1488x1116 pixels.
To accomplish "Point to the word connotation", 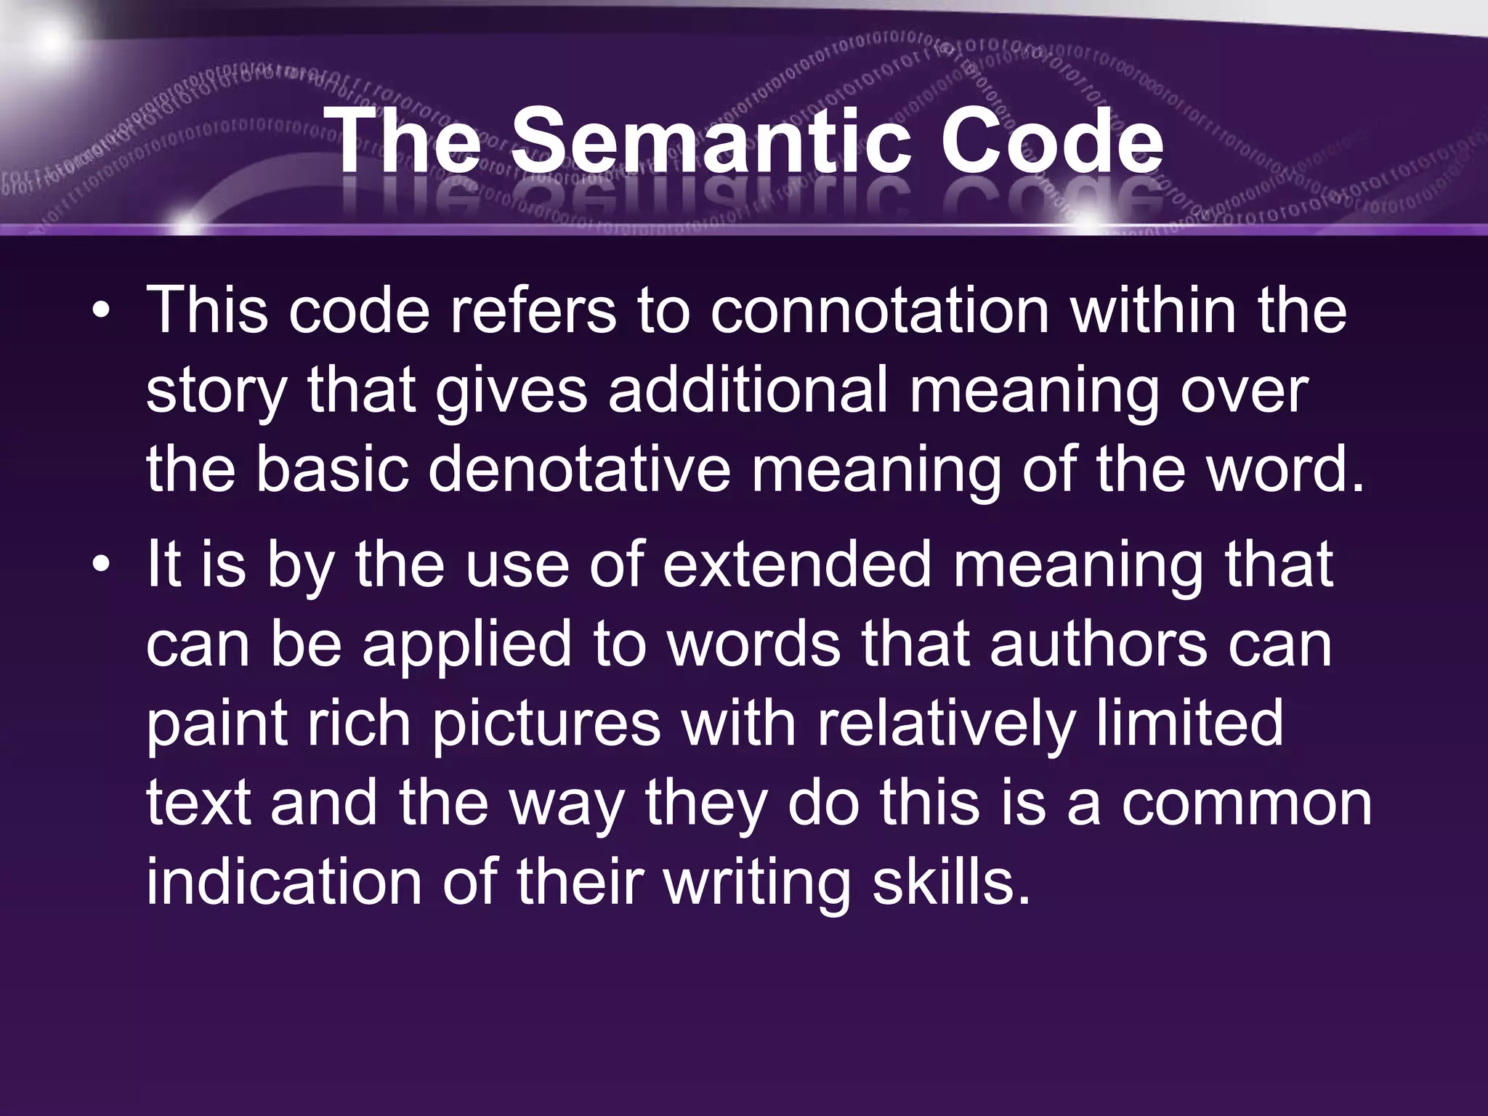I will point(879,311).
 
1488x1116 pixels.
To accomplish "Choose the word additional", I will point(748,391).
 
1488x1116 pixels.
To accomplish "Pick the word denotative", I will point(578,471).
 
